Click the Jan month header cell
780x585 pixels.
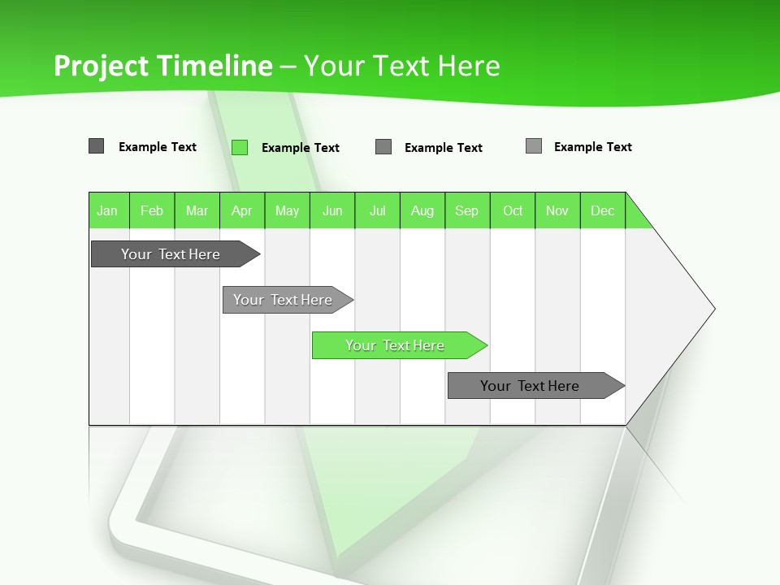click(x=108, y=210)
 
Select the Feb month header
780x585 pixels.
click(x=152, y=210)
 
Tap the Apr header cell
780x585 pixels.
click(x=242, y=210)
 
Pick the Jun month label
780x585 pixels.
click(x=332, y=210)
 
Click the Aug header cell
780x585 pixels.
click(x=422, y=210)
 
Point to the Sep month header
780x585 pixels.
click(x=467, y=210)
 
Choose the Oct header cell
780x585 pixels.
click(x=513, y=210)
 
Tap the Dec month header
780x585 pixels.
click(x=603, y=210)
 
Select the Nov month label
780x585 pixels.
click(x=557, y=210)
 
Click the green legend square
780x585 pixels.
click(x=240, y=147)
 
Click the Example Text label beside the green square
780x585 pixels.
click(x=301, y=148)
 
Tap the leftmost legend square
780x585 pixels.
click(x=97, y=146)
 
